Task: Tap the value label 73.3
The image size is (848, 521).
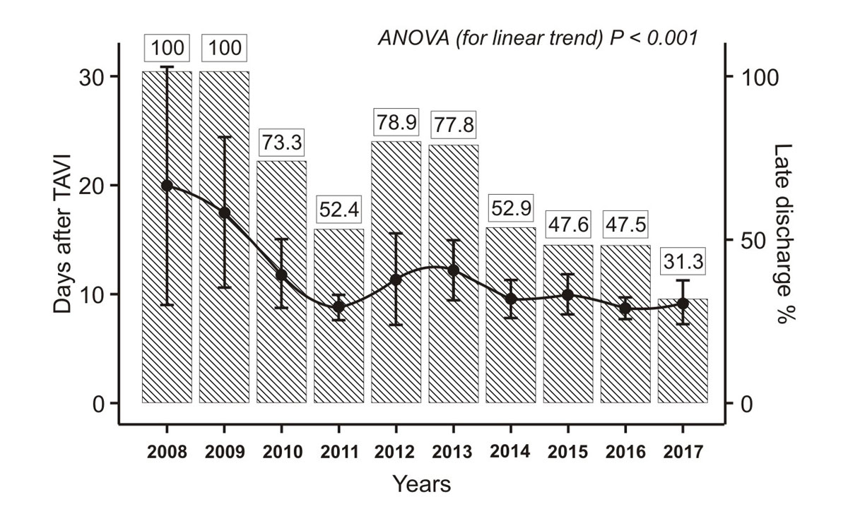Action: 281,142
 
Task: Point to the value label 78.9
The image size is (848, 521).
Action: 396,123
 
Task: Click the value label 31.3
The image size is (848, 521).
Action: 683,263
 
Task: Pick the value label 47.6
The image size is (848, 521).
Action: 567,227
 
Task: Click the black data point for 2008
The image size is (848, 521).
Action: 167,186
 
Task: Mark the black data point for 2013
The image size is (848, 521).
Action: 453,270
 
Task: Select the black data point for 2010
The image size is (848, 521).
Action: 281,275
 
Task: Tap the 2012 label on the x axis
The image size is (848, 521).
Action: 396,453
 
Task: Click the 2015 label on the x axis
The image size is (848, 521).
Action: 567,453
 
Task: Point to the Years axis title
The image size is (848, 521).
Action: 422,484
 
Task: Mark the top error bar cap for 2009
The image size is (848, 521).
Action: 224,137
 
